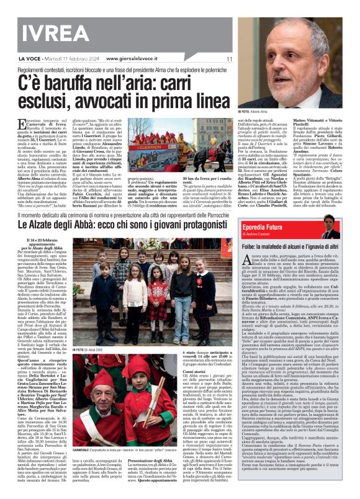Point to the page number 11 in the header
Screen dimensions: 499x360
point(229,59)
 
